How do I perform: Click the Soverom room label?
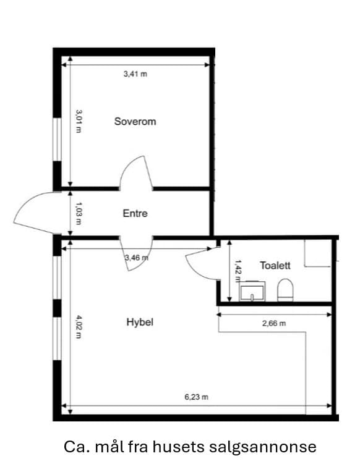[x=135, y=122]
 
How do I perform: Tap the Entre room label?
[x=135, y=213]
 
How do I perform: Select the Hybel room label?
[x=140, y=322]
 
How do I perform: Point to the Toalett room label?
[x=275, y=265]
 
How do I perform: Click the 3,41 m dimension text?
[x=135, y=74]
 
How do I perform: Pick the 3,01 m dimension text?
[x=79, y=121]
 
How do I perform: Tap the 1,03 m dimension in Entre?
[x=79, y=213]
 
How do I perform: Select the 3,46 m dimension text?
[x=137, y=258]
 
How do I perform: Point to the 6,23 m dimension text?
[x=196, y=397]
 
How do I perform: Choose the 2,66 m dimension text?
[x=274, y=323]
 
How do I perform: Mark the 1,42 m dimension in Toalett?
[x=238, y=271]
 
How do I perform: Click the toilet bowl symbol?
[x=285, y=290]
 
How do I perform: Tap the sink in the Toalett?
[x=252, y=291]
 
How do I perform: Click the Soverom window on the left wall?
[x=57, y=140]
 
